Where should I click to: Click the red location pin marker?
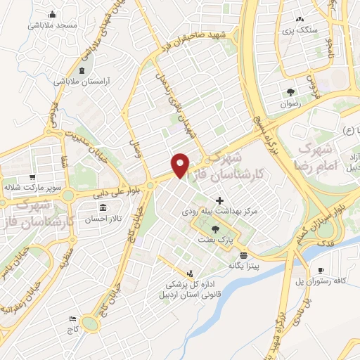click(181, 165)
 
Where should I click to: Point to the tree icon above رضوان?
click(291, 92)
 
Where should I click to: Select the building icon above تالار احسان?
click(103, 207)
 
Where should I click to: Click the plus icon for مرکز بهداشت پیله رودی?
click(220, 200)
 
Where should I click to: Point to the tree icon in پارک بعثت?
click(215, 229)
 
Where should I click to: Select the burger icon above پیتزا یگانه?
click(243, 255)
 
